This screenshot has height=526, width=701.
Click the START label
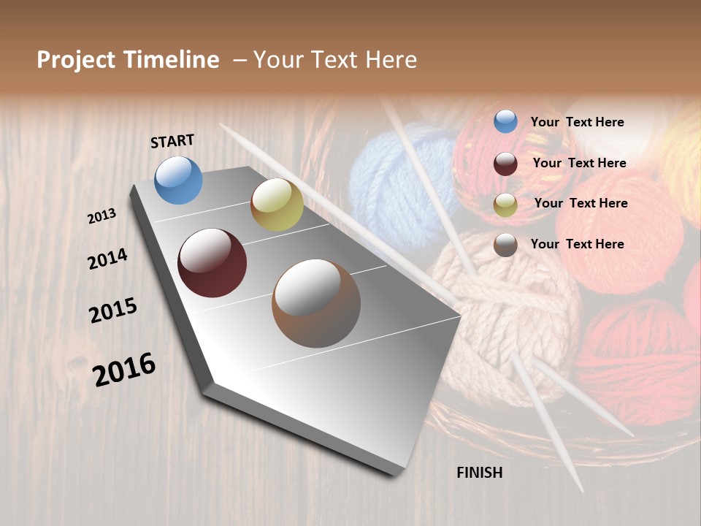(172, 140)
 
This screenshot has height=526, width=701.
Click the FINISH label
(479, 473)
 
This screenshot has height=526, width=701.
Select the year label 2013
(101, 216)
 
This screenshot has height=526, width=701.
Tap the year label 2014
(107, 259)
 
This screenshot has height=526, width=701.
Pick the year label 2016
(124, 369)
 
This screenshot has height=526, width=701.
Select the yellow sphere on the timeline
(277, 205)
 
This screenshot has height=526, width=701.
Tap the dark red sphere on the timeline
(212, 263)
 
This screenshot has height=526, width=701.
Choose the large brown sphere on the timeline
(315, 303)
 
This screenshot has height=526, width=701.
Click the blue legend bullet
(505, 122)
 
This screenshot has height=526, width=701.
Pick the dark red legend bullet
(505, 164)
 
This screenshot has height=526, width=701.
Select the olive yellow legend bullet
(505, 205)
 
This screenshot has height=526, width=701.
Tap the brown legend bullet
(505, 245)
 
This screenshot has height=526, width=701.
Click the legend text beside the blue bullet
(578, 122)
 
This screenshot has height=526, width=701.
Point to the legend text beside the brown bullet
(578, 244)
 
